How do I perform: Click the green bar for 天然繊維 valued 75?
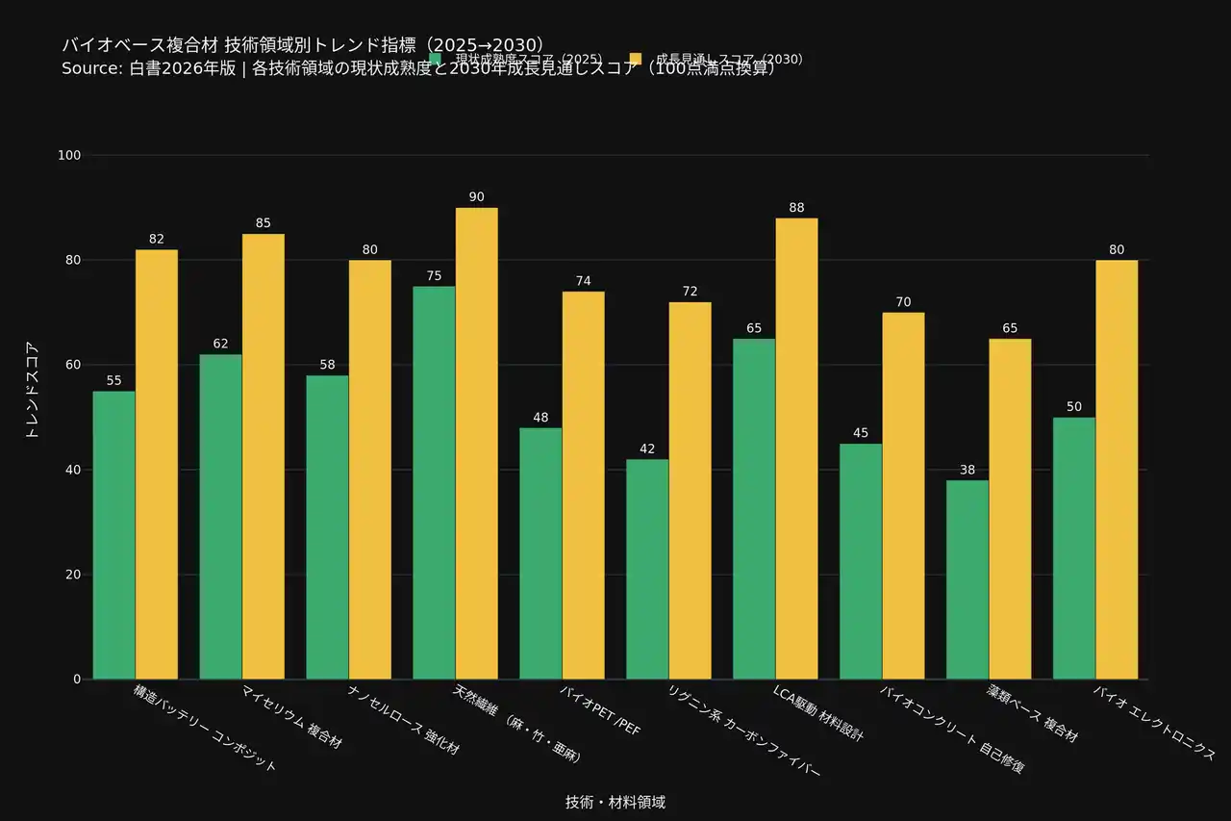coord(434,482)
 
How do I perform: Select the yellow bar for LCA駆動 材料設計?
coord(796,449)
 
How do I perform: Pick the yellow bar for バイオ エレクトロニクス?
coord(1117,470)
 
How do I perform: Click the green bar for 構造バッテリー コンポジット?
coord(114,535)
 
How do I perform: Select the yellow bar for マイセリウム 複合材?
coord(264,456)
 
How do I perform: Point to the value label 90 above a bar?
coord(476,197)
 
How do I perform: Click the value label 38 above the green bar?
coord(967,470)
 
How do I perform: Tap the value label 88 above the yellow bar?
coord(796,208)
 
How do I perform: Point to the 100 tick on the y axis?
coord(69,156)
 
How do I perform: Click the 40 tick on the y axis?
coord(73,470)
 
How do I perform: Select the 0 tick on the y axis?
coord(77,680)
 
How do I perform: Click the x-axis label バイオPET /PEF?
coord(601,710)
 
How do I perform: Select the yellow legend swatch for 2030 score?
coord(635,60)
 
